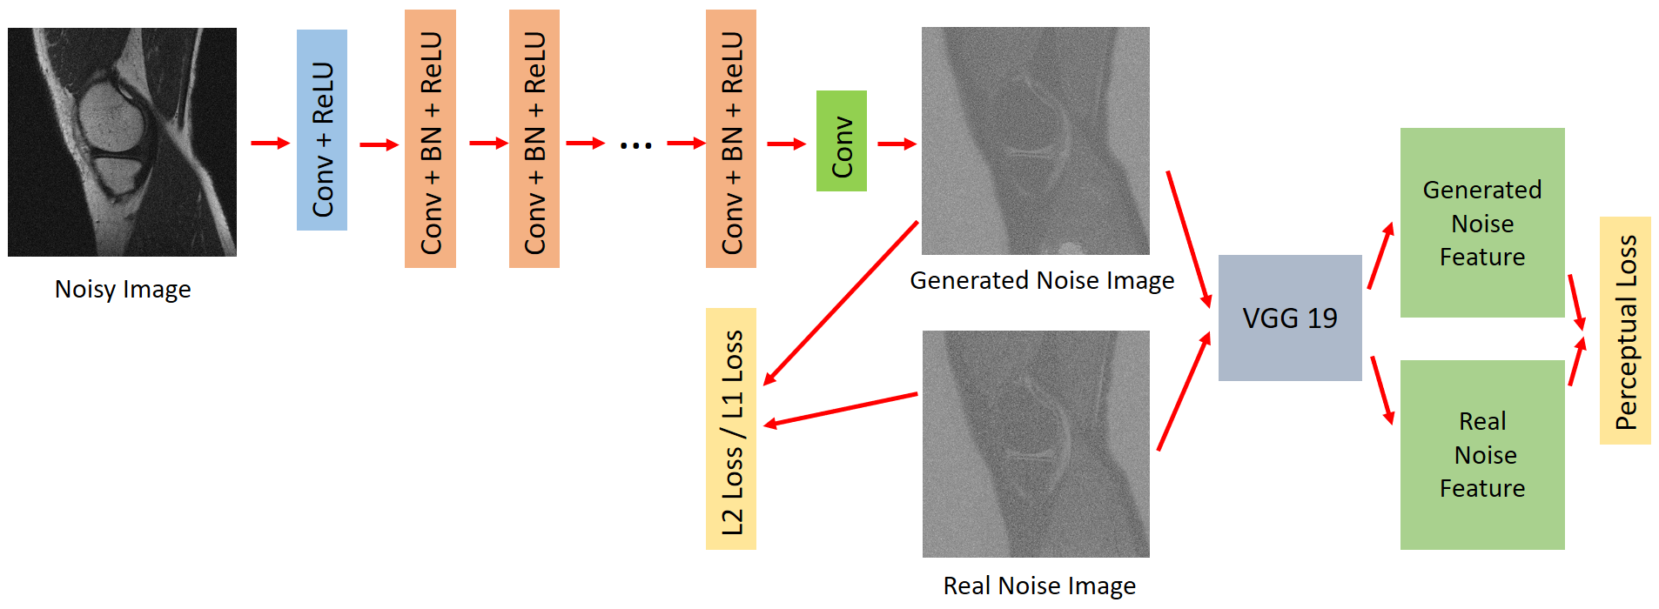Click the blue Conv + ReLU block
pos(321,130)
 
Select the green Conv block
pos(841,141)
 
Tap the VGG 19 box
pos(1289,318)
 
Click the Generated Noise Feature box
pos(1481,223)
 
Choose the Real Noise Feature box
pos(1481,454)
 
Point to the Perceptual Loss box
pos(1624,331)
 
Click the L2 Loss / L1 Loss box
pos(730,428)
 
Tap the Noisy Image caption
pos(123,289)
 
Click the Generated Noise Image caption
pos(1041,280)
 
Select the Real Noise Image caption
pos(1039,586)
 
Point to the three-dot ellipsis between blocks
pos(635,145)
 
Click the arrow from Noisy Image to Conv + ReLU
pos(270,143)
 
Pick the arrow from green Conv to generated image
pos(897,144)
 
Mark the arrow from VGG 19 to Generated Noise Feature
pos(1380,256)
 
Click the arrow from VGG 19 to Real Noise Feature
pos(1382,390)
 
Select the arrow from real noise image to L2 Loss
pos(840,410)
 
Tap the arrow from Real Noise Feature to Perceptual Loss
pos(1576,362)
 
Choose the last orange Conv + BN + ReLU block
pos(730,139)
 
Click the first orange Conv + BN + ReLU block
pos(430,139)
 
